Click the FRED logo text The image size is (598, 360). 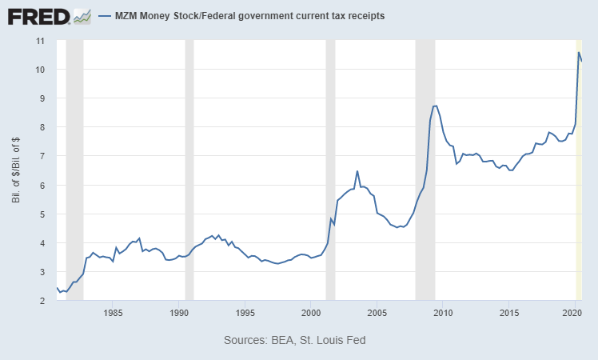pos(38,17)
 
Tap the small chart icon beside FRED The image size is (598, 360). pos(82,17)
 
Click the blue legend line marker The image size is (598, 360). pos(105,16)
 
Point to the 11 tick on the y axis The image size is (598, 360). pos(40,41)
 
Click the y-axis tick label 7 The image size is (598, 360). pos(42,156)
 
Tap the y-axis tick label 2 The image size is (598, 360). pos(42,301)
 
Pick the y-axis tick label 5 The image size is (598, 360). pos(42,214)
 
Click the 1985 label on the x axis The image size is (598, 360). pos(113,313)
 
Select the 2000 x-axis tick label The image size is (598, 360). pos(311,313)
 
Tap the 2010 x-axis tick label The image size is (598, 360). pos(443,313)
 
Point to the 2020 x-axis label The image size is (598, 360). pos(572,313)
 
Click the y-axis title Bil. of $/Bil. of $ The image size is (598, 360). pos(16,170)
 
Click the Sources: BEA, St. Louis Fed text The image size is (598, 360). pos(295,340)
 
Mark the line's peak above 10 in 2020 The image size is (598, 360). pos(579,52)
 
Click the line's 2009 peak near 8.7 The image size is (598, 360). pos(435,106)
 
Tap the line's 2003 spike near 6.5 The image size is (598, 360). pos(357,171)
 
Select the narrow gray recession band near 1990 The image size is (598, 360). pos(189,170)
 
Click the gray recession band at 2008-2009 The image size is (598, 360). pos(425,170)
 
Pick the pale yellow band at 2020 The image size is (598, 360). pos(579,170)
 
